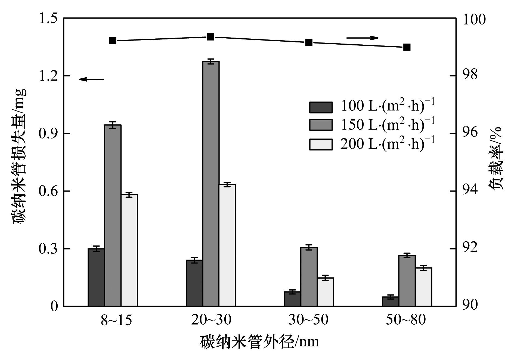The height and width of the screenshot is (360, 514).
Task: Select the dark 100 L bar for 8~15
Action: (96, 277)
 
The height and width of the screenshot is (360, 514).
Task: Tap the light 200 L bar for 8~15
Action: (129, 250)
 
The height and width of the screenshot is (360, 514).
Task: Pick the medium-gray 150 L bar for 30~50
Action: (309, 276)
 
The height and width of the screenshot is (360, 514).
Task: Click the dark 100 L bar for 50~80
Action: (391, 301)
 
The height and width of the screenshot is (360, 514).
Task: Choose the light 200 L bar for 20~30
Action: (227, 245)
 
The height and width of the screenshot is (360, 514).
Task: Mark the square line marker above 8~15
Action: (113, 41)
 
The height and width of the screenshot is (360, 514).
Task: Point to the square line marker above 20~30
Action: (211, 37)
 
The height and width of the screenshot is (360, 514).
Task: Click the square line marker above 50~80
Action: (407, 47)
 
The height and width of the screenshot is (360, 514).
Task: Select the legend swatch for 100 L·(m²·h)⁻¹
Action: (321, 107)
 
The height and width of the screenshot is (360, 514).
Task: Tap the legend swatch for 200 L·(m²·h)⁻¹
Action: (321, 144)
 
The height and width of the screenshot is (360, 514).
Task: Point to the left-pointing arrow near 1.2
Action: (91, 79)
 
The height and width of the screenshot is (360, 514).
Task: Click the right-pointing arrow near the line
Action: (362, 38)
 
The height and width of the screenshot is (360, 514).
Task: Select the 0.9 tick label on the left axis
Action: (48, 133)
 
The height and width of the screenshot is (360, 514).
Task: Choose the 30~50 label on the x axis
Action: (308, 320)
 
